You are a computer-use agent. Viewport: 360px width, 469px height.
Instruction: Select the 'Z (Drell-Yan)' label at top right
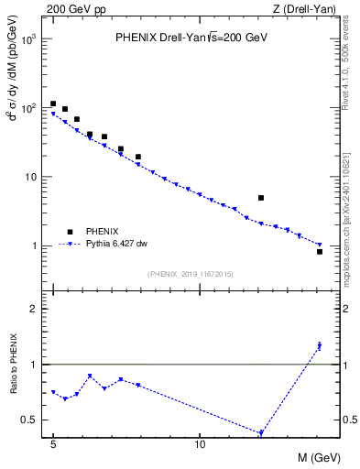(x=305, y=9)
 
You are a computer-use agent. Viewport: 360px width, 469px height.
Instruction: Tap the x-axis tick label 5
(x=53, y=442)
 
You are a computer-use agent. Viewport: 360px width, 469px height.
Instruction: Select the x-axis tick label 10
(x=200, y=442)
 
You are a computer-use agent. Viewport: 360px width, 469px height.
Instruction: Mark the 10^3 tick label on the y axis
(x=29, y=39)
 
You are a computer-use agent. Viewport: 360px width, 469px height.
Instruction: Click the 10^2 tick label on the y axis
(x=29, y=108)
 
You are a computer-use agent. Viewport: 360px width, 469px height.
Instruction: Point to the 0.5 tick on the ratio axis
(x=29, y=420)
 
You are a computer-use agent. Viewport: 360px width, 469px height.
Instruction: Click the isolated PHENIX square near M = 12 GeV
(x=261, y=198)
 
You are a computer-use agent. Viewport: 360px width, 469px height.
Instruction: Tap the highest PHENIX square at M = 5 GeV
(x=53, y=104)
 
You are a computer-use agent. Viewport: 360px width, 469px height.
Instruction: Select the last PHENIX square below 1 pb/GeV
(x=320, y=251)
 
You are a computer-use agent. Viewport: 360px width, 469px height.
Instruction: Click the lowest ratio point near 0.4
(x=261, y=433)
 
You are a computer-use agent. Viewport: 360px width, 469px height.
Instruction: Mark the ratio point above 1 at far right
(x=320, y=346)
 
